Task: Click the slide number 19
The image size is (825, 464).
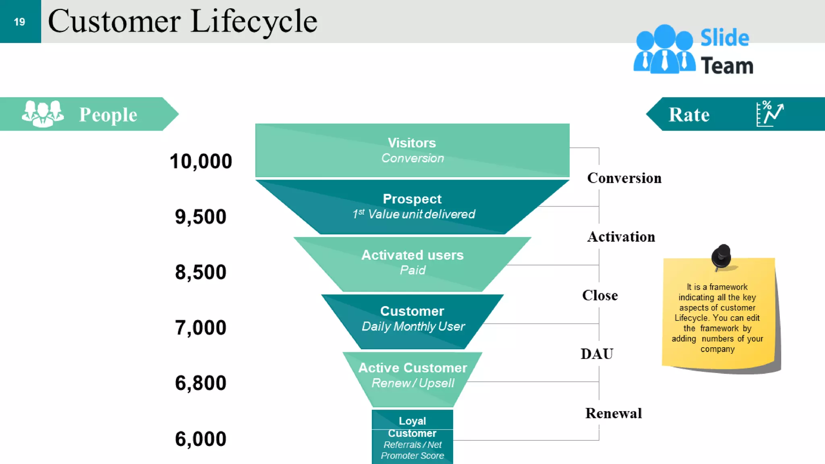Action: click(19, 22)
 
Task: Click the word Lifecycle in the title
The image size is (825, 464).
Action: click(254, 22)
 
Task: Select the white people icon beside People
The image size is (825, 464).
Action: click(43, 114)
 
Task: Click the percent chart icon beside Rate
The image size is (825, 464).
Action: click(769, 114)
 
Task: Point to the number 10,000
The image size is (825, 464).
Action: click(201, 161)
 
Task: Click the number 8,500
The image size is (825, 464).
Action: click(201, 272)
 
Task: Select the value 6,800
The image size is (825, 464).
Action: click(201, 383)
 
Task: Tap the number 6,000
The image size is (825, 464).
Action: click(201, 439)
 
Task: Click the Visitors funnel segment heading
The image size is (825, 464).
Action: click(412, 143)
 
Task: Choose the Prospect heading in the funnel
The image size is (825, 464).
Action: click(412, 199)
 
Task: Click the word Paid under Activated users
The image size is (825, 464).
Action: click(412, 270)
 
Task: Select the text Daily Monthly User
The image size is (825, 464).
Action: click(413, 326)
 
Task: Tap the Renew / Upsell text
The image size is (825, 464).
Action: click(413, 383)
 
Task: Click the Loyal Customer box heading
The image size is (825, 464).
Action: click(412, 427)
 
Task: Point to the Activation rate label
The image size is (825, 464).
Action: click(621, 237)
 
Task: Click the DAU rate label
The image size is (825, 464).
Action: click(597, 354)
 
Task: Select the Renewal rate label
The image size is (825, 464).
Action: click(614, 413)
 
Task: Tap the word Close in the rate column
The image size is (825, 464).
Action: click(600, 296)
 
